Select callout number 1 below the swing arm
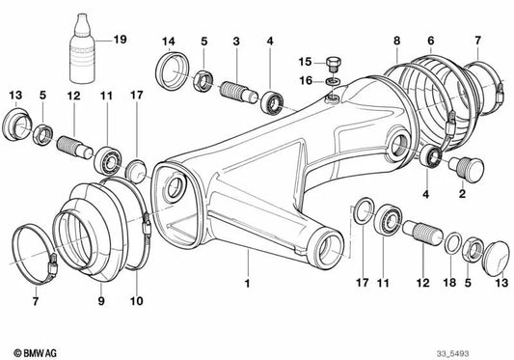click(x=248, y=258)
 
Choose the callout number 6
click(x=430, y=40)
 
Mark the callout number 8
click(x=396, y=40)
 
